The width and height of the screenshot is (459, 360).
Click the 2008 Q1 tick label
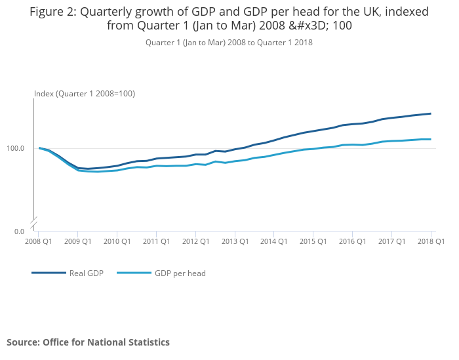[x=39, y=241]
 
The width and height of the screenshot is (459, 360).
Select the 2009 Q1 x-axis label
[x=78, y=241]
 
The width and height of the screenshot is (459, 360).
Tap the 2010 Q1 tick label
[x=117, y=241]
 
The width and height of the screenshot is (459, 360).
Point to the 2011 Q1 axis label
[x=157, y=241]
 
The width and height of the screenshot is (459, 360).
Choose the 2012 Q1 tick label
[x=196, y=241]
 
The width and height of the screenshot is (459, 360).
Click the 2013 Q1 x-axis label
[x=235, y=241]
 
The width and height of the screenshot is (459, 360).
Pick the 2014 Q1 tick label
[x=274, y=241]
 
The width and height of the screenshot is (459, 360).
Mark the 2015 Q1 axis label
[x=313, y=241]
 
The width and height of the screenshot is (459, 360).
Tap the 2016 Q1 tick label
[x=353, y=241]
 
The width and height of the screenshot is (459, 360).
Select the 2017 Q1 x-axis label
[x=392, y=241]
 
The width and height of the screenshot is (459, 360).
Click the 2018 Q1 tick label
[x=431, y=241]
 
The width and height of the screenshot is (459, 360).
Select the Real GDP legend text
[x=87, y=273]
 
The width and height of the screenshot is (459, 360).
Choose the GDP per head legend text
[x=180, y=273]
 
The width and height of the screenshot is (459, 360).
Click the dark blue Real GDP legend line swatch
[x=49, y=273]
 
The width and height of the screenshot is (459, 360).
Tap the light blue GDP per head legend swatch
[x=134, y=273]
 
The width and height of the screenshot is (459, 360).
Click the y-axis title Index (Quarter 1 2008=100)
[x=85, y=94]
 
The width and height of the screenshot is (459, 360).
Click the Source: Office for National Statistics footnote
[x=88, y=342]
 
